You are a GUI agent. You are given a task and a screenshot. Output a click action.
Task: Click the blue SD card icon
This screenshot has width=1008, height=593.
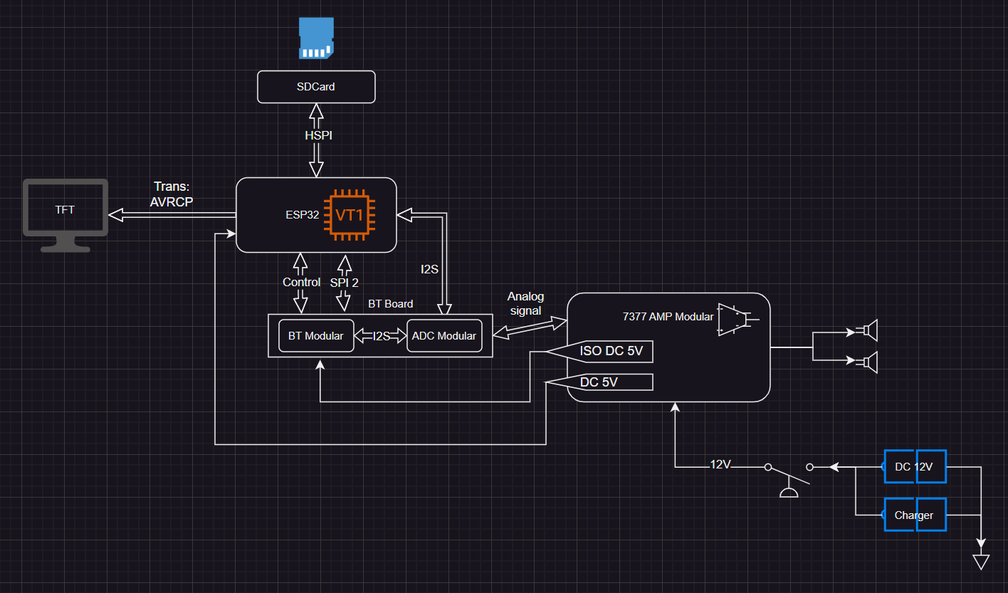tap(315, 38)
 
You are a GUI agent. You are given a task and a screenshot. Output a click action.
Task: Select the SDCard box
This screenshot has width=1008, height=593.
tap(315, 87)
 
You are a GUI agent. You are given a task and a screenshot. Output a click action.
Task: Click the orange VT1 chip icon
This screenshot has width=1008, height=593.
tap(350, 214)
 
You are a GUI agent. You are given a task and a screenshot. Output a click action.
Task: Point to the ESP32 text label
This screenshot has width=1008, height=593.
tap(300, 214)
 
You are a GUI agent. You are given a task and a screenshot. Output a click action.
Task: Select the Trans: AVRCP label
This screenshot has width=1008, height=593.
tap(171, 194)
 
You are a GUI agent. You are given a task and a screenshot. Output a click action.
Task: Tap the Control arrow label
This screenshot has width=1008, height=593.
tap(301, 282)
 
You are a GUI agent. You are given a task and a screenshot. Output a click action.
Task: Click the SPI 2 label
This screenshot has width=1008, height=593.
tap(345, 282)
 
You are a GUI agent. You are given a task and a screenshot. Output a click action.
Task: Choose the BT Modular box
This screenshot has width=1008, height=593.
tap(315, 335)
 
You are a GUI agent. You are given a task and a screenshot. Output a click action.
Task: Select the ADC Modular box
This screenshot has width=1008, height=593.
tap(443, 335)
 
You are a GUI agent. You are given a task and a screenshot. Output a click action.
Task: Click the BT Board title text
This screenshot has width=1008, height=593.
tap(390, 303)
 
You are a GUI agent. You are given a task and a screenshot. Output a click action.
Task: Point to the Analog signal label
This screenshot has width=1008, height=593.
tap(525, 303)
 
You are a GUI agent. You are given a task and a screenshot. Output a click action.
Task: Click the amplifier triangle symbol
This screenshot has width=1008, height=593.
tap(734, 319)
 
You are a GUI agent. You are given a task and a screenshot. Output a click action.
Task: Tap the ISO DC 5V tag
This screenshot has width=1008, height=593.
tap(611, 352)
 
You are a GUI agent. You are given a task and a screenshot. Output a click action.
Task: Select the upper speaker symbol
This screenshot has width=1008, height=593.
tap(868, 330)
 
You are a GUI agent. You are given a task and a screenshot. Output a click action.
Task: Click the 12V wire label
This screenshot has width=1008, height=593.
tap(720, 464)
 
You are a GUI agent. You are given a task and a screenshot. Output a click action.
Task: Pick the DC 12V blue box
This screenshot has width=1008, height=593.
tap(914, 467)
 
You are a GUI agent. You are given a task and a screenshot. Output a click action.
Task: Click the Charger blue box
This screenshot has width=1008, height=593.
tap(914, 515)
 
